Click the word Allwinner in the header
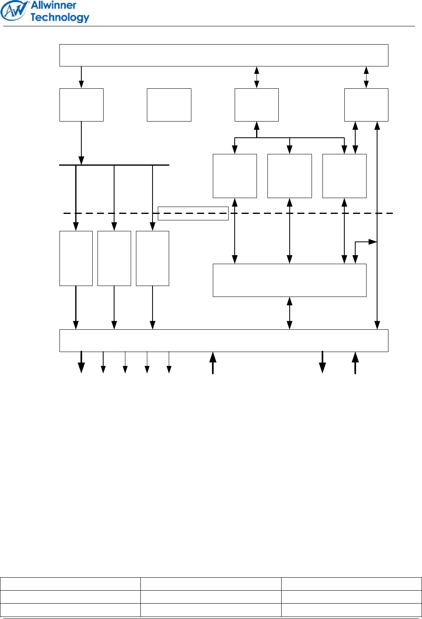click(53, 5)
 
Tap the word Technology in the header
click(59, 17)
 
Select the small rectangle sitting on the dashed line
click(193, 213)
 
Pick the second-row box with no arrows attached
click(169, 105)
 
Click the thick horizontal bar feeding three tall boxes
click(114, 165)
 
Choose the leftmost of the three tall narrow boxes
click(76, 258)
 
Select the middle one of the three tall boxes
click(114, 258)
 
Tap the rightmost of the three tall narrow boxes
click(153, 258)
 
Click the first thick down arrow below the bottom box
click(81, 362)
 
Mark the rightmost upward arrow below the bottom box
click(355, 363)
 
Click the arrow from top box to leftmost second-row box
click(81, 77)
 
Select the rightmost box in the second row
click(366, 105)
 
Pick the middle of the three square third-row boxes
click(290, 176)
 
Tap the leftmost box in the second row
click(81, 105)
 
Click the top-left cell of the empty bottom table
click(70, 584)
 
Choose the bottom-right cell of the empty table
click(351, 610)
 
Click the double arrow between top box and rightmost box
click(366, 77)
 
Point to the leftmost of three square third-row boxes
click(235, 176)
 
